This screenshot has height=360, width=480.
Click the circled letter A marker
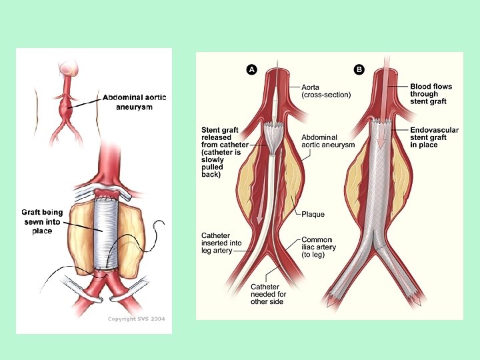pyautogui.click(x=251, y=69)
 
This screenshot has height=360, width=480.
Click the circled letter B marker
pyautogui.click(x=359, y=69)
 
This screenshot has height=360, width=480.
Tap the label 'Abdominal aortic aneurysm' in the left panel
pyautogui.click(x=135, y=102)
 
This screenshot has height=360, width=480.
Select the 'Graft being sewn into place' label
pyautogui.click(x=42, y=221)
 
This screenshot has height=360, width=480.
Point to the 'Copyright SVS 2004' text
pyautogui.click(x=136, y=319)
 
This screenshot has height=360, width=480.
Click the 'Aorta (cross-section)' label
pyautogui.click(x=325, y=91)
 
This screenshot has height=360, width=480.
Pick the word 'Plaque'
pyautogui.click(x=313, y=215)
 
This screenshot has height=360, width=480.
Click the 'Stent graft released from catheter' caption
pyautogui.click(x=225, y=151)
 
